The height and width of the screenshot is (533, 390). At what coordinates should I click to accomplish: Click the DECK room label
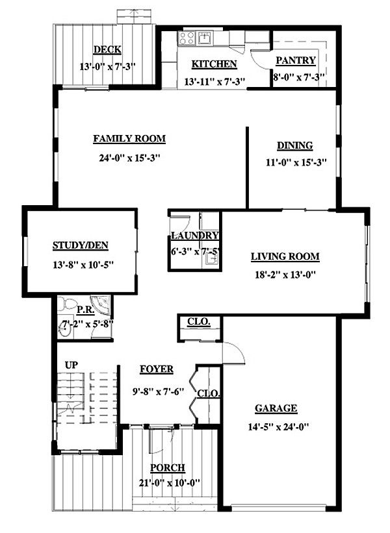tap(107, 50)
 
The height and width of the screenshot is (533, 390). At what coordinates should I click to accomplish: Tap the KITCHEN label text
tap(214, 64)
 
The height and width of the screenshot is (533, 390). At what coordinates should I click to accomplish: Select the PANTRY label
tap(296, 60)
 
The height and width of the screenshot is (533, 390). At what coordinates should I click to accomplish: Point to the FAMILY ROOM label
tap(129, 138)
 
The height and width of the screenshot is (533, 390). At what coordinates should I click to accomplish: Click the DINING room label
tap(294, 145)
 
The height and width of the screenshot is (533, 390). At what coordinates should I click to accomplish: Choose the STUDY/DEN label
tap(80, 245)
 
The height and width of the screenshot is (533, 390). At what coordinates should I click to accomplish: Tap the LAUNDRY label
tap(194, 236)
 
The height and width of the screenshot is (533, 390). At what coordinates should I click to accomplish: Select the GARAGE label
tap(276, 408)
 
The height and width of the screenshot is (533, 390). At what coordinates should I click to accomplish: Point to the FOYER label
tap(157, 369)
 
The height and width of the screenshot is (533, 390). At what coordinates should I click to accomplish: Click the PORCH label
tap(167, 467)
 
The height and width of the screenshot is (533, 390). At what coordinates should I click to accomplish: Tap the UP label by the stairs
tap(71, 366)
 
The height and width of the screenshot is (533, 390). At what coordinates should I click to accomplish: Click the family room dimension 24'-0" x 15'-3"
tap(129, 157)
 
